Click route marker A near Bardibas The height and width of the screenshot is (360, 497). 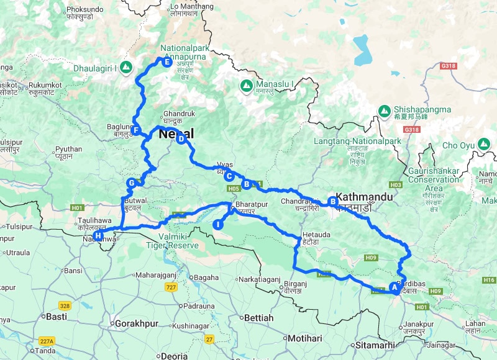[x=394, y=287]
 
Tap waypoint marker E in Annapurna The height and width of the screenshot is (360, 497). [x=166, y=61]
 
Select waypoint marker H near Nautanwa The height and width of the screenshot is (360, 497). [x=99, y=235]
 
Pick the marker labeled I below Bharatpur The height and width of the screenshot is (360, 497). [x=218, y=224]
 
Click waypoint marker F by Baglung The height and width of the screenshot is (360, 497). [x=135, y=130]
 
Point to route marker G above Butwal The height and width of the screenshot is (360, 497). [x=131, y=183]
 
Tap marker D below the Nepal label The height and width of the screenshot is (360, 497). [x=181, y=140]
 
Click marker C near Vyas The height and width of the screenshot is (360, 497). [x=229, y=176]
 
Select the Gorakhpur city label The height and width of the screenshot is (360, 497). [x=134, y=323]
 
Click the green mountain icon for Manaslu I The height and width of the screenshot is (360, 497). [x=246, y=84]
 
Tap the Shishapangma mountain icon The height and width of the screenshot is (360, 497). [x=385, y=111]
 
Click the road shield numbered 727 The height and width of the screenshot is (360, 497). [x=172, y=287]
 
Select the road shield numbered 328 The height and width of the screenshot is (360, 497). [x=65, y=305]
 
